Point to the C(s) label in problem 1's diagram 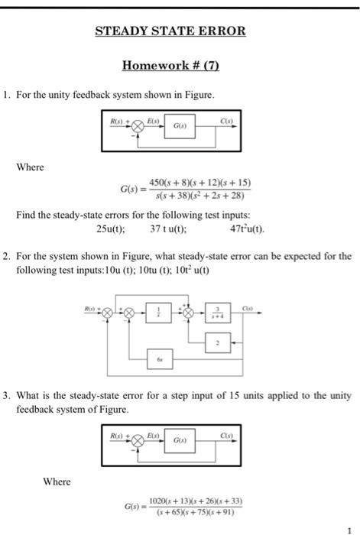coord(227,121)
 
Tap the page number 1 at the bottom coord(347,527)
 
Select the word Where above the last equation coord(57,481)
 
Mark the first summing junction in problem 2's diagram coord(108,312)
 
